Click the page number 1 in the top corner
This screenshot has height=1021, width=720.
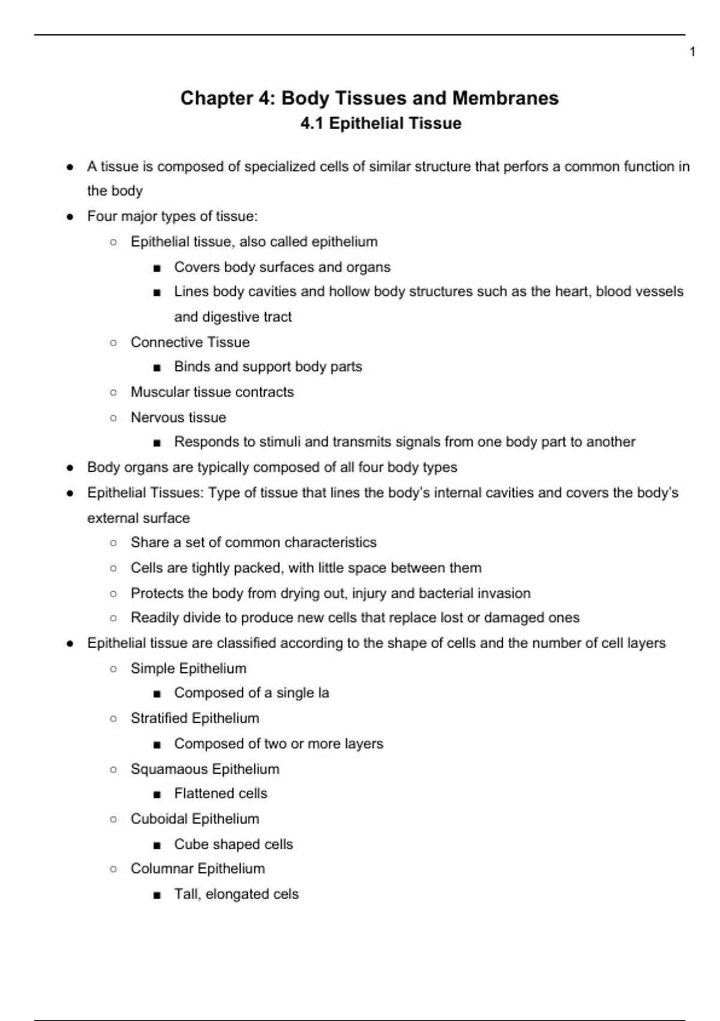pos(692,52)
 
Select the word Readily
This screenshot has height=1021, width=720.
pos(154,617)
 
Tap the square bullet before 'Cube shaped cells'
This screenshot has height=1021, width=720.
pos(157,845)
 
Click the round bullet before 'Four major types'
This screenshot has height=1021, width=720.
pos(70,216)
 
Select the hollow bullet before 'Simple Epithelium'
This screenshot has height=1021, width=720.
pos(113,668)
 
